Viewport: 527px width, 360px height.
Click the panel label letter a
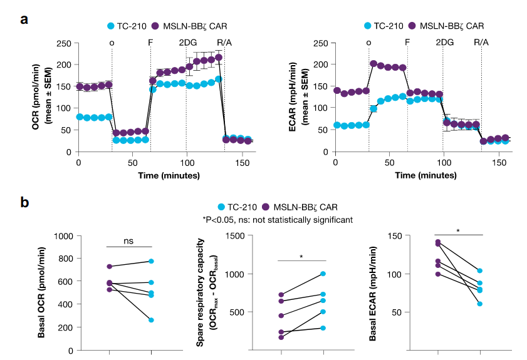(24, 18)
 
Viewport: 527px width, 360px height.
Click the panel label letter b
(24, 202)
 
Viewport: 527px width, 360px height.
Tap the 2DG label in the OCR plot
(187, 43)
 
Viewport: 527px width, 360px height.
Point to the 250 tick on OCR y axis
(63, 43)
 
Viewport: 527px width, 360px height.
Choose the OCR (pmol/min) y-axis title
(36, 97)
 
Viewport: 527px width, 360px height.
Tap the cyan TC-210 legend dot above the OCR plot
(111, 26)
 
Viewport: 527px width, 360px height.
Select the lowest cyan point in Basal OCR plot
(152, 320)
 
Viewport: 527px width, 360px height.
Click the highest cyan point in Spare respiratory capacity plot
(323, 274)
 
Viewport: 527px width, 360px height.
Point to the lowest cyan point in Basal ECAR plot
(479, 304)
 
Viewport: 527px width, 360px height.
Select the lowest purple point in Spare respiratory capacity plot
(281, 337)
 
